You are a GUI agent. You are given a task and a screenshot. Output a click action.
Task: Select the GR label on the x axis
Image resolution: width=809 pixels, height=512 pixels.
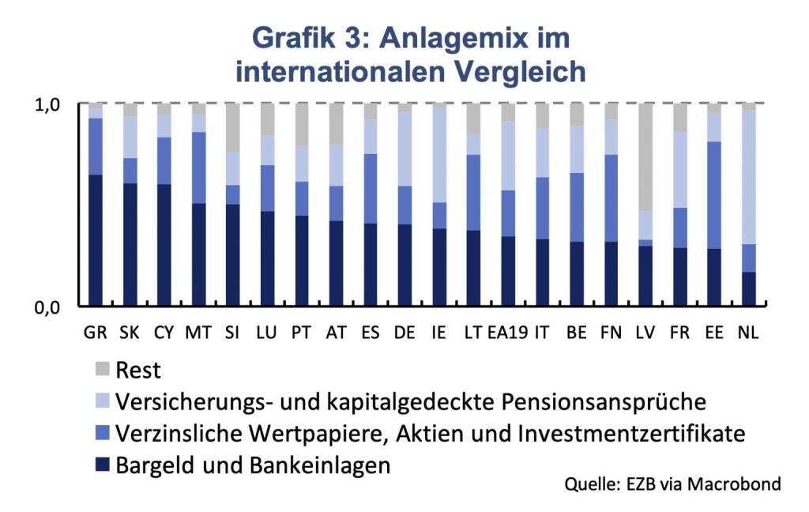pyautogui.click(x=96, y=332)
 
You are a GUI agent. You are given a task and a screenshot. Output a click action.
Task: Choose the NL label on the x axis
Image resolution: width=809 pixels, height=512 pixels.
pyautogui.click(x=747, y=332)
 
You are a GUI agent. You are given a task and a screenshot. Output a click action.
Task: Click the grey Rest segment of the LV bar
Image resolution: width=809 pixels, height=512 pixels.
pyautogui.click(x=645, y=157)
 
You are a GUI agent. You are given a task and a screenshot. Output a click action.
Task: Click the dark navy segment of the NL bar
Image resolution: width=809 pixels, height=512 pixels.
pyautogui.click(x=748, y=288)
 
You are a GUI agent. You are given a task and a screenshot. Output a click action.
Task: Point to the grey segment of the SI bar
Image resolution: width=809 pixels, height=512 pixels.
pyautogui.click(x=233, y=127)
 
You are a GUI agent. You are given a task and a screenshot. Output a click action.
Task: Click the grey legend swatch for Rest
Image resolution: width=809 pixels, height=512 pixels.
pyautogui.click(x=102, y=369)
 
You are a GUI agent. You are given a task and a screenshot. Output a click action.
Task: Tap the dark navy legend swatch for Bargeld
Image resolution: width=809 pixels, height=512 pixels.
pyautogui.click(x=102, y=465)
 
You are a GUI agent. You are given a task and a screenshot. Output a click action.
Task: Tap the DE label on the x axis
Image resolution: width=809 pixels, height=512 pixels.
pyautogui.click(x=404, y=332)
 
